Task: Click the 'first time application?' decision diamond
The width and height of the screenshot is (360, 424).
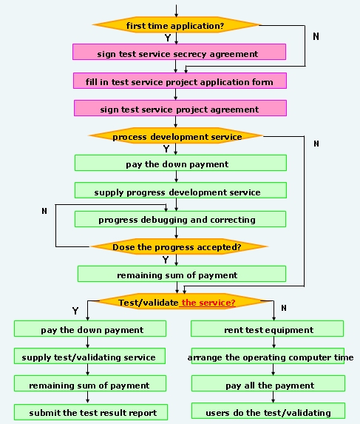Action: (176, 25)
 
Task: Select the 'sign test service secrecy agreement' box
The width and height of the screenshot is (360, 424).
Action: (179, 52)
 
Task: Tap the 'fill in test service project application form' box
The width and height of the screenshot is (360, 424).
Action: (180, 81)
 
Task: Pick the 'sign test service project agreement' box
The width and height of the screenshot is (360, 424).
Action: (180, 108)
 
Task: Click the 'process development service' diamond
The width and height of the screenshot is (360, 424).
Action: (176, 135)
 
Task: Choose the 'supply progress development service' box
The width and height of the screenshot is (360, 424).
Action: (180, 190)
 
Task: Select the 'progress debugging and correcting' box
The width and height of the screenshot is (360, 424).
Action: (180, 219)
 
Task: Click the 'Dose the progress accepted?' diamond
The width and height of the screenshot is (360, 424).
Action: (178, 246)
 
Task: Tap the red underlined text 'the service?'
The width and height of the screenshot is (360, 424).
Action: (208, 303)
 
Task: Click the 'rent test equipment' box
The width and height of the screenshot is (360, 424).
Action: (267, 329)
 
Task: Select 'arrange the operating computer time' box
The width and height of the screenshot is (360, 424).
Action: (268, 356)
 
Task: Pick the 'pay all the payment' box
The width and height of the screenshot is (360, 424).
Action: (268, 383)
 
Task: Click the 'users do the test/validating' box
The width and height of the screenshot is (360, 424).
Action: (268, 411)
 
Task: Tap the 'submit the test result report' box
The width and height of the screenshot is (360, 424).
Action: (91, 412)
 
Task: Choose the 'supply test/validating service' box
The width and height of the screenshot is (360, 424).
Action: (89, 356)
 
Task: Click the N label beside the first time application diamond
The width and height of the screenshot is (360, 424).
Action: (316, 36)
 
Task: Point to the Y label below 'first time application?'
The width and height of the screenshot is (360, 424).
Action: (168, 38)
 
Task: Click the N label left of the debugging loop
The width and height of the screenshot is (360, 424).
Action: (44, 211)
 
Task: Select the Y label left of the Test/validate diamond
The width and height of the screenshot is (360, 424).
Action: (75, 311)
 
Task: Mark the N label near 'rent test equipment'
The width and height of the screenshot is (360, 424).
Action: (284, 308)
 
